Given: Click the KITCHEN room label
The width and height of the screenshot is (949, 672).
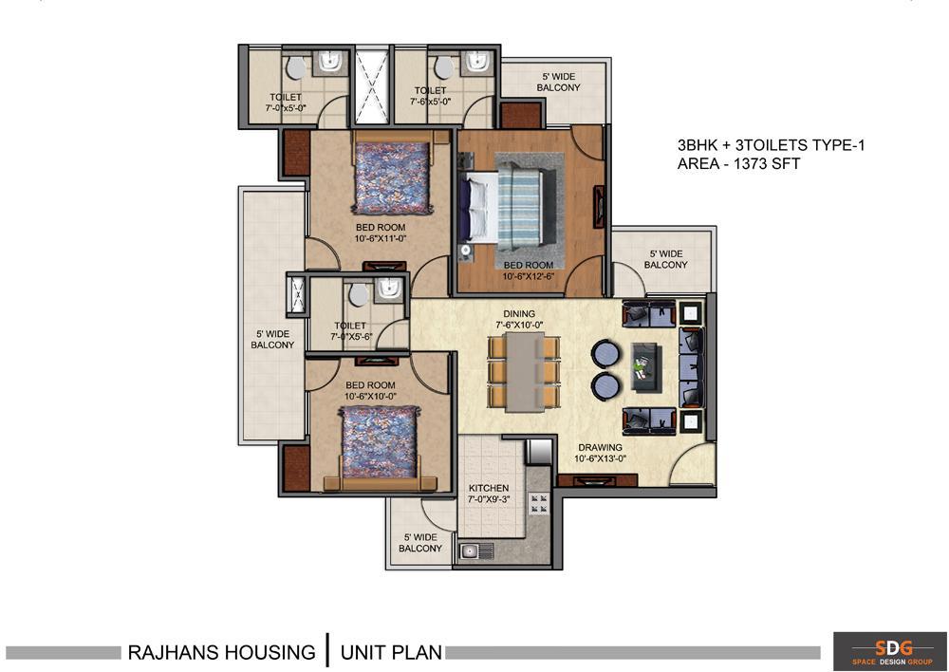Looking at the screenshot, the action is [489, 488].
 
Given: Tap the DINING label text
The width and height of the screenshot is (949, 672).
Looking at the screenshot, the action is [519, 313].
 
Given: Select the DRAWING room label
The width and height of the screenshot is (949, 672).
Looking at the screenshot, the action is [600, 447].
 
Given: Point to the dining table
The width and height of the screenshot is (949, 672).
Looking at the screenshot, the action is [524, 372].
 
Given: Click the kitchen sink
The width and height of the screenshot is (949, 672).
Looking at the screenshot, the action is [476, 551].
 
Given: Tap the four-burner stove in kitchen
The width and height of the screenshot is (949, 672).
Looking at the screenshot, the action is [539, 503].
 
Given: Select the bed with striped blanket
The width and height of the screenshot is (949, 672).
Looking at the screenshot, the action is [506, 210].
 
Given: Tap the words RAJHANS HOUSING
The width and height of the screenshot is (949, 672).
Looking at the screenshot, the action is [221, 653].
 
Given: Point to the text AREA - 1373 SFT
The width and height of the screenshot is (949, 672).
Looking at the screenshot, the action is [738, 163].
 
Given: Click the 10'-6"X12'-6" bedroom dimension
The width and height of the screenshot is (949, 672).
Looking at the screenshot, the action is [529, 276].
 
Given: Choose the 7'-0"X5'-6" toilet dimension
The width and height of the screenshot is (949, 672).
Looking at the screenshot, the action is [351, 336].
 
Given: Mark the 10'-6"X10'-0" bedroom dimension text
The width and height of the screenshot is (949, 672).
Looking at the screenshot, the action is [370, 396].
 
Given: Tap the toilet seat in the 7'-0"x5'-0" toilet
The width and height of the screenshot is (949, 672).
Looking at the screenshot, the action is [296, 67].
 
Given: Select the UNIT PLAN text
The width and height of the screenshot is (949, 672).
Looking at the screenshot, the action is [391, 653].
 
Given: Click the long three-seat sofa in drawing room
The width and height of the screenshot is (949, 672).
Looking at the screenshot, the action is [691, 367].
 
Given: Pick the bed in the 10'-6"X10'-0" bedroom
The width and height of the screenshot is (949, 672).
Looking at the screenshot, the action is [380, 447].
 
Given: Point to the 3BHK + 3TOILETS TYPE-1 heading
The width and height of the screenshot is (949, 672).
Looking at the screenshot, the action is [771, 145].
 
